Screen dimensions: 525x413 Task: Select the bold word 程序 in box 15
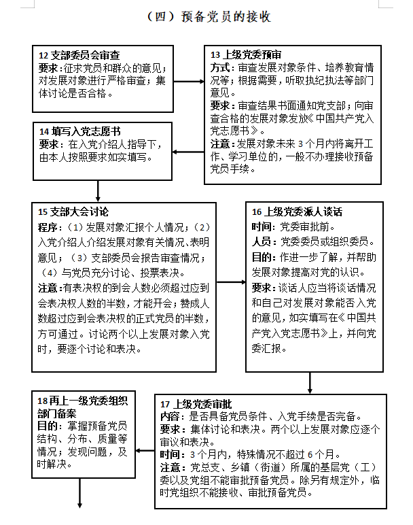[x=48, y=226]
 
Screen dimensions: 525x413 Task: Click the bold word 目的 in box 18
[x=48, y=426]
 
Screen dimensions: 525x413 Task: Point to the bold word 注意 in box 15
[x=48, y=288]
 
